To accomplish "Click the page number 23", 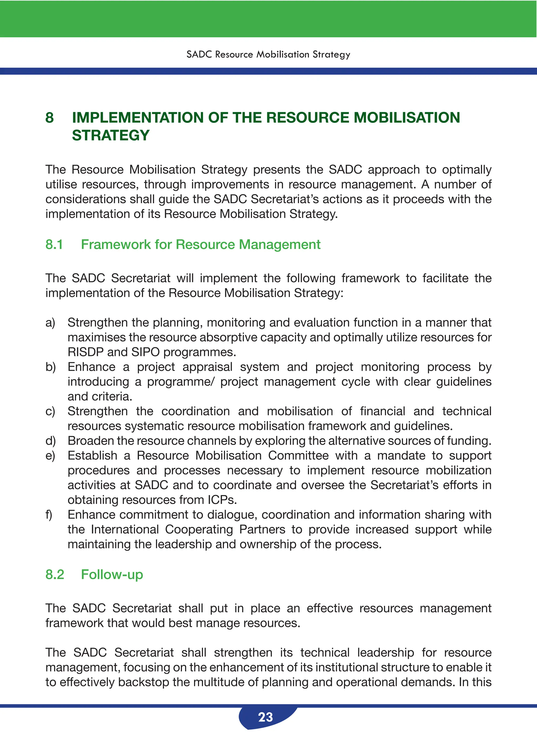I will [x=266, y=717].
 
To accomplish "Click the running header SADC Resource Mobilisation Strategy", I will [x=268, y=54].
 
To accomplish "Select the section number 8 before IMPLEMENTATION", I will [x=50, y=118].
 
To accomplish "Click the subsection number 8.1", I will [x=54, y=245].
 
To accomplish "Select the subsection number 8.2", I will [x=55, y=575].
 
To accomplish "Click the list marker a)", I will [x=50, y=323].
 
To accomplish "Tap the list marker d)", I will [x=51, y=441].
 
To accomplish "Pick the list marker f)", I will [x=49, y=515].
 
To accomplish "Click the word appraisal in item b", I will [x=207, y=367].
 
